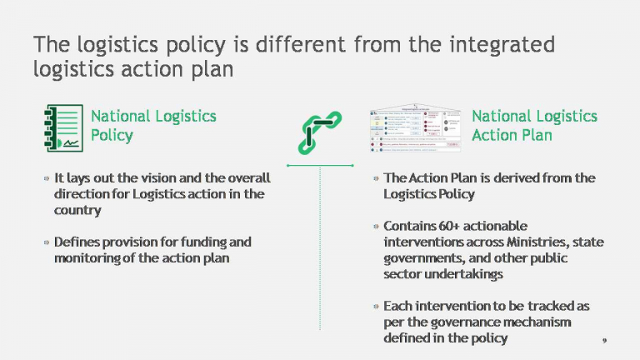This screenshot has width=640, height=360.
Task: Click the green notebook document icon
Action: [63, 127]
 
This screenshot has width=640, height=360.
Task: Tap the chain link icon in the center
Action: [320, 131]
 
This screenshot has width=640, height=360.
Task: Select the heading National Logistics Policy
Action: [152, 125]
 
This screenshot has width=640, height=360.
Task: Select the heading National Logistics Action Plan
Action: [534, 125]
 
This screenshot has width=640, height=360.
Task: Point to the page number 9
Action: [603, 341]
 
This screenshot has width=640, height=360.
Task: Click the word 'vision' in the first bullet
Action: [174, 178]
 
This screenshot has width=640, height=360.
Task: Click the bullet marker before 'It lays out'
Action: [46, 178]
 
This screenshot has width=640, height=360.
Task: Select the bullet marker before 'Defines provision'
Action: [46, 242]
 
